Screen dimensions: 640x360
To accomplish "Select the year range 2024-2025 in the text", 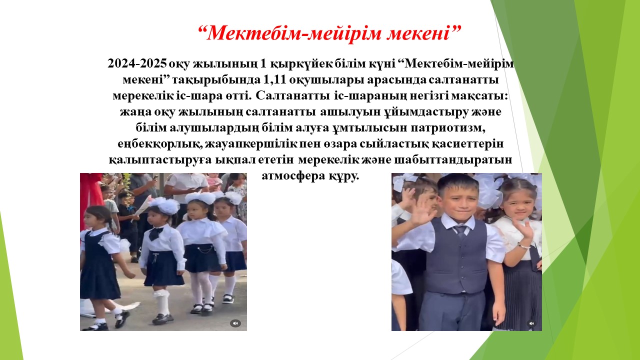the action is pos(137,63).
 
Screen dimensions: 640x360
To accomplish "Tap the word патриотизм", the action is pos(448,127).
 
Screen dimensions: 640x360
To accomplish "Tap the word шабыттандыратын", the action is pos(453,159).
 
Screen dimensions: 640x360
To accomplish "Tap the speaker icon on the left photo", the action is pos(235,323).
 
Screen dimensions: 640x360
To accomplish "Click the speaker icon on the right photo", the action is pos(531,323).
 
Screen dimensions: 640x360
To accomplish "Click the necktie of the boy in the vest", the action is pos(460,231).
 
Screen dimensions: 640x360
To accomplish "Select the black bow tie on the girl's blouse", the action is pos(155,233).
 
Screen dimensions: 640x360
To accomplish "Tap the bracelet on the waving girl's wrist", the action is pos(523,245).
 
